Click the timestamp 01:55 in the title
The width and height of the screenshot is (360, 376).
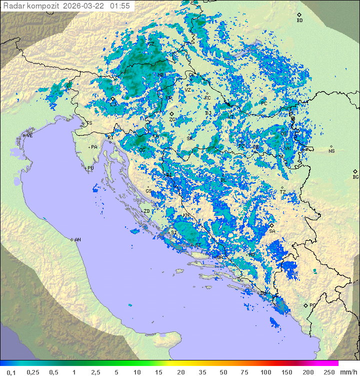120,6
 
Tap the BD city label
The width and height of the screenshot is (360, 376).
299,21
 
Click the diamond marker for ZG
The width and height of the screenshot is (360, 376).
172,114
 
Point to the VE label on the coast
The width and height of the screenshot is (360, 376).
29,136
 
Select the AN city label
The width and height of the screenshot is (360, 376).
77,240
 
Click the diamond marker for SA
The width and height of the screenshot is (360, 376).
271,226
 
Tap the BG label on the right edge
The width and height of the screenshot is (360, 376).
355,177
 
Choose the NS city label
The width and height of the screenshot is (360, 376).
331,151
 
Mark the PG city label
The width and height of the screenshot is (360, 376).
312,305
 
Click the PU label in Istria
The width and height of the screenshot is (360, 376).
90,168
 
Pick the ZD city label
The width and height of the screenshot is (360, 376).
146,211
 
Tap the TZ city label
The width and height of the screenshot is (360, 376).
282,192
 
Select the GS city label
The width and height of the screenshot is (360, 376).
148,191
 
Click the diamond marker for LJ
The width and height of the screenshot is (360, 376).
113,99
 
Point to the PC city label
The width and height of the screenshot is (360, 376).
264,103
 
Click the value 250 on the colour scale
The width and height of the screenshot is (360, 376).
329,372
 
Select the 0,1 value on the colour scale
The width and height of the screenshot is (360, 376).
11,372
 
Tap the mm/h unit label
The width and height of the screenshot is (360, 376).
347,372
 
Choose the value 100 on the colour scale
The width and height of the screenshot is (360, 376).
266,372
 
